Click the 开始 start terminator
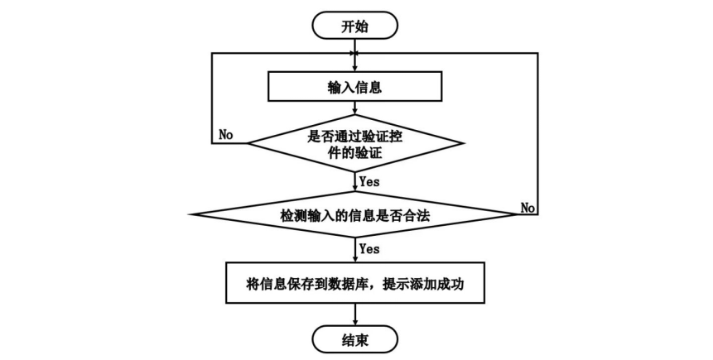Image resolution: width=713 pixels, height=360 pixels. pyautogui.click(x=354, y=26)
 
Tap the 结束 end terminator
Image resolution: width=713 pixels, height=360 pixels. pyautogui.click(x=354, y=339)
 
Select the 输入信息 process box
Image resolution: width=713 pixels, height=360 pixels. pyautogui.click(x=354, y=86)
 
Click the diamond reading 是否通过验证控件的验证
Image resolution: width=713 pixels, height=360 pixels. pyautogui.click(x=355, y=143)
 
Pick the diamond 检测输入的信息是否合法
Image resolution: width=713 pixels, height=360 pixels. pyautogui.click(x=355, y=214)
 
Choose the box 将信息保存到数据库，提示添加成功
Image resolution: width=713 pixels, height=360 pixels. pyautogui.click(x=355, y=283)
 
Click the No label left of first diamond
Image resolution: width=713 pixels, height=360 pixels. pyautogui.click(x=226, y=135)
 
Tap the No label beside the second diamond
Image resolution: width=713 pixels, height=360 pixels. pyautogui.click(x=528, y=208)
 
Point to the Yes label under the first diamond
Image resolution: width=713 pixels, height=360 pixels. pyautogui.click(x=369, y=181)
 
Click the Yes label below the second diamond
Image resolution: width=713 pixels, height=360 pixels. pyautogui.click(x=369, y=248)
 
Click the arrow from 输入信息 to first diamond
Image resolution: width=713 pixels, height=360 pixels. pyautogui.click(x=355, y=108)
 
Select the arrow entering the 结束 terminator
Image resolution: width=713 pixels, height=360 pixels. pyautogui.click(x=355, y=314)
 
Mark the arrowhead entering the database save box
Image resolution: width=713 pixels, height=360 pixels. pyautogui.click(x=355, y=259)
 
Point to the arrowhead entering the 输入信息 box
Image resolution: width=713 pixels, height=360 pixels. pyautogui.click(x=355, y=68)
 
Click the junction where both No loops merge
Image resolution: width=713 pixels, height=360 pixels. pyautogui.click(x=355, y=53)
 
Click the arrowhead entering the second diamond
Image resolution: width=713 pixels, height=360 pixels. pyautogui.click(x=355, y=188)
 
